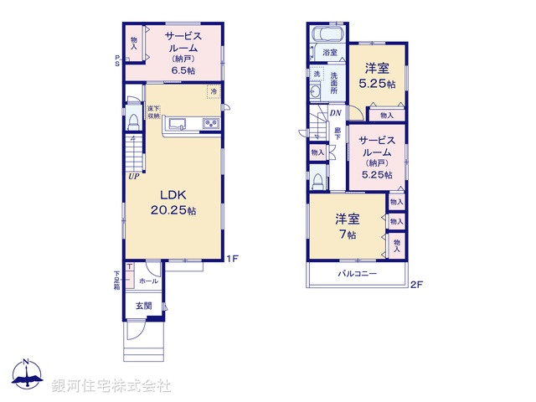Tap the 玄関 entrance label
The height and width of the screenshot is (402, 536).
click(144, 307)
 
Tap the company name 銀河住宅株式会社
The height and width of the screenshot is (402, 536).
click(111, 386)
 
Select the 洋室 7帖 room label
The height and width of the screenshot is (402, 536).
click(348, 227)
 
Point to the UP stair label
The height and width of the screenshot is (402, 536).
click(133, 176)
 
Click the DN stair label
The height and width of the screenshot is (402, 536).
click(335, 113)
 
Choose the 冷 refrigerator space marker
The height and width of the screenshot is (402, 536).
click(214, 90)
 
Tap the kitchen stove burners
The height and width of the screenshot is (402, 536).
click(209, 125)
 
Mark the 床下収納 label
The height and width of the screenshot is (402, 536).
click(153, 112)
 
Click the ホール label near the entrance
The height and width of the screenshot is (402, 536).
click(147, 281)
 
